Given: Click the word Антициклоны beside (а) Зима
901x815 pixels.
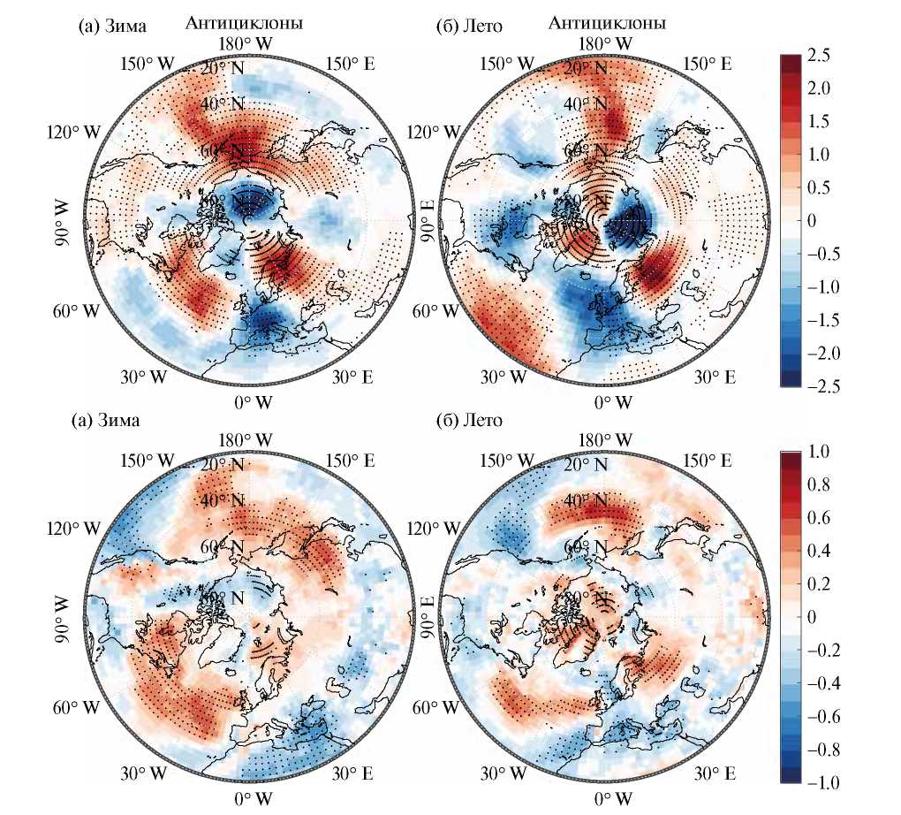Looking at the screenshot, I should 244,24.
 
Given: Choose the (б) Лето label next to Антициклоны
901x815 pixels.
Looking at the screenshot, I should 471,26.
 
